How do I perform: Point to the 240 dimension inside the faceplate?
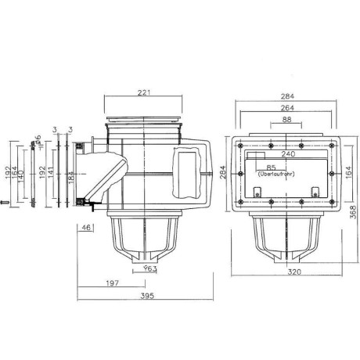(x=288, y=156)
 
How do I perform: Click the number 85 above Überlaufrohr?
(x=270, y=167)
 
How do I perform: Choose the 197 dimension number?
(x=113, y=283)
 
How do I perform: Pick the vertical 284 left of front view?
(x=222, y=171)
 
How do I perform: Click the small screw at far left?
(x=4, y=204)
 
